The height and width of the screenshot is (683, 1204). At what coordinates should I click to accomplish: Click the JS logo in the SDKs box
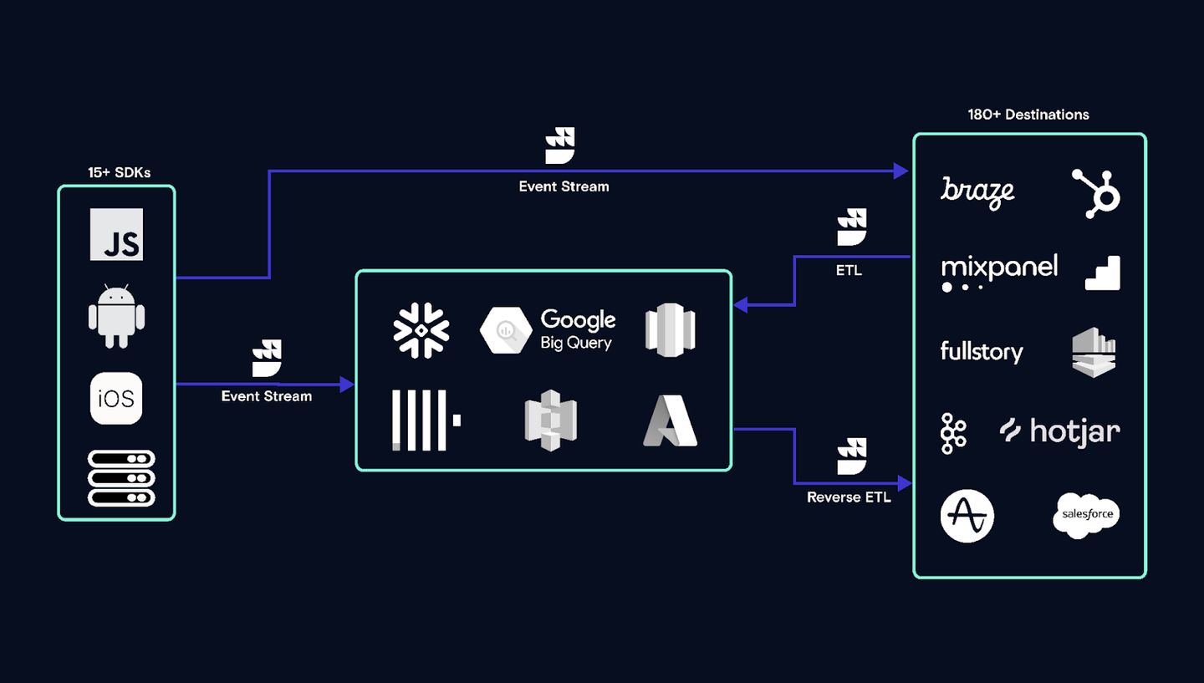coord(117,234)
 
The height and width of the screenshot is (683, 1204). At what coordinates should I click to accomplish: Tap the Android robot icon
coord(117,316)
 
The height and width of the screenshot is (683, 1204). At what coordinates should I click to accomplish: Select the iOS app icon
coord(117,398)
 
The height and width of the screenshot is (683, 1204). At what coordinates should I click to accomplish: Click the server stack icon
coord(121,478)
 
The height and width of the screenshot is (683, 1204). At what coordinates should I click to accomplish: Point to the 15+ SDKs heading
coord(120,172)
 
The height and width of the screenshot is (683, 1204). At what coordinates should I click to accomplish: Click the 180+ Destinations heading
coord(1028,115)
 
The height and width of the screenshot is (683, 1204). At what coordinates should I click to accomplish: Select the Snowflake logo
coord(421,330)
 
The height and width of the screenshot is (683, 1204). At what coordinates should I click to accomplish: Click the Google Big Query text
coord(578,329)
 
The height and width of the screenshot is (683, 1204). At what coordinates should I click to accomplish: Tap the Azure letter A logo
coord(671,421)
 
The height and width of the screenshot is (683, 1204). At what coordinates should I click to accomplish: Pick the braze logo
coord(977,193)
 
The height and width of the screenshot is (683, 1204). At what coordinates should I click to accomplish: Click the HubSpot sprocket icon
coord(1096,193)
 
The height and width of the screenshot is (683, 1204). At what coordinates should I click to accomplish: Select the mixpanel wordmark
coord(1000,272)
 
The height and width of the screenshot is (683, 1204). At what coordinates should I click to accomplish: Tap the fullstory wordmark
coord(982,352)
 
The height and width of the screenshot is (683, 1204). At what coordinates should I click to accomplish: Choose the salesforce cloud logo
coord(1086,515)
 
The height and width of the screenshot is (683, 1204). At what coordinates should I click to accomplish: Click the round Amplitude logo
coord(967,516)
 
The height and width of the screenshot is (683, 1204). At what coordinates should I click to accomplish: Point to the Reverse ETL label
coord(849,497)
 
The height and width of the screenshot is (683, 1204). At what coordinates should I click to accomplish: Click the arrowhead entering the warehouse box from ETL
coord(741,304)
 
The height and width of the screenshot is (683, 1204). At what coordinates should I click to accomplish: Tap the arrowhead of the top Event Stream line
coord(900,171)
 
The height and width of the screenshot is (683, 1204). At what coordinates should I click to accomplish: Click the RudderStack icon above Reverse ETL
coord(852,456)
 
